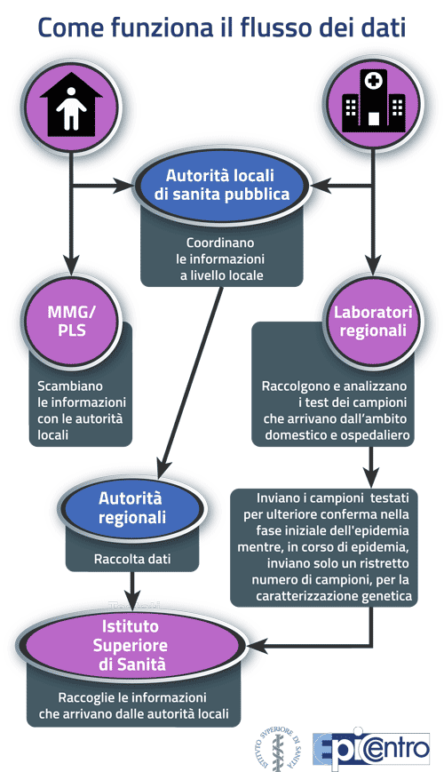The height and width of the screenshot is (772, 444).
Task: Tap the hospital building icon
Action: tap(373, 100)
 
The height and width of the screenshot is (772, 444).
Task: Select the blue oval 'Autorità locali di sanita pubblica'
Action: tap(221, 185)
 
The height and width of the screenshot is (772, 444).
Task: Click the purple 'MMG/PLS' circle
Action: tap(72, 321)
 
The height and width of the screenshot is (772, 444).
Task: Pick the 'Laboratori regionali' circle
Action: tap(373, 321)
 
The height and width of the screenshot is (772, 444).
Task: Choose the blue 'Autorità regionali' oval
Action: tap(131, 507)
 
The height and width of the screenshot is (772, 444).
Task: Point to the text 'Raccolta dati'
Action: tap(132, 559)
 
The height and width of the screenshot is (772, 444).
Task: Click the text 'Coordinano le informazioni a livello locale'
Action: tap(221, 259)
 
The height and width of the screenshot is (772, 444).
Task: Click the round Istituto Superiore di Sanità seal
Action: tap(278, 748)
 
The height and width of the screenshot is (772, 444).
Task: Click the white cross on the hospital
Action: tap(373, 80)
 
